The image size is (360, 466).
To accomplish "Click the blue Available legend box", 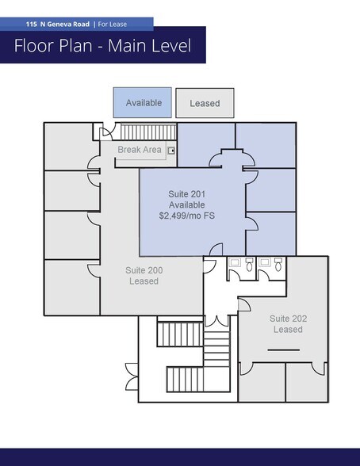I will click(143, 103).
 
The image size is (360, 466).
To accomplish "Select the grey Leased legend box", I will click(204, 103).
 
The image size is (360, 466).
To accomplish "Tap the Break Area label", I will click(140, 150).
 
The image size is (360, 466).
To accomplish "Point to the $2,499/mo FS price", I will click(187, 216).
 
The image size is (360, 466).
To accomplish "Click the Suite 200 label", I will click(144, 270).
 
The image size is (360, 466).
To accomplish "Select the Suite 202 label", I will click(287, 318).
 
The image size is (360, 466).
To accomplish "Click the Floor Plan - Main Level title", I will click(102, 46).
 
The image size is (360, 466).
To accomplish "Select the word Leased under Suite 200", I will click(144, 281).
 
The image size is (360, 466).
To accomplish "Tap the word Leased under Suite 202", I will click(287, 329).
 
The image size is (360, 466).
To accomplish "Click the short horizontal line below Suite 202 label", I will click(285, 349).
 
